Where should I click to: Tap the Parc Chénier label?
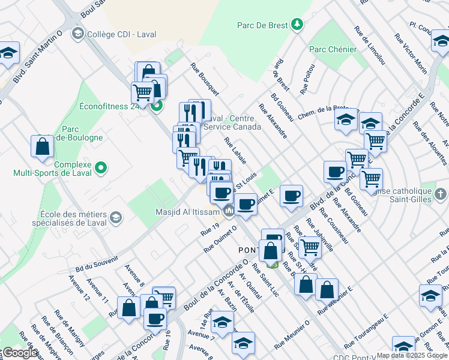[x=333, y=49]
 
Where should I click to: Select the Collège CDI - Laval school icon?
[x=77, y=34]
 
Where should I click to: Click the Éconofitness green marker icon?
[x=157, y=107]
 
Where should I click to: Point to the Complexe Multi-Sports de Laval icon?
[x=100, y=168]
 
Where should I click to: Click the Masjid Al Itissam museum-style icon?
[x=229, y=211]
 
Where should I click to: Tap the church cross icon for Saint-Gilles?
[x=441, y=194]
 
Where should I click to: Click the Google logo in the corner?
[x=19, y=353]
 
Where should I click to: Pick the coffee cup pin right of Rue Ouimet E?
[x=292, y=196]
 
